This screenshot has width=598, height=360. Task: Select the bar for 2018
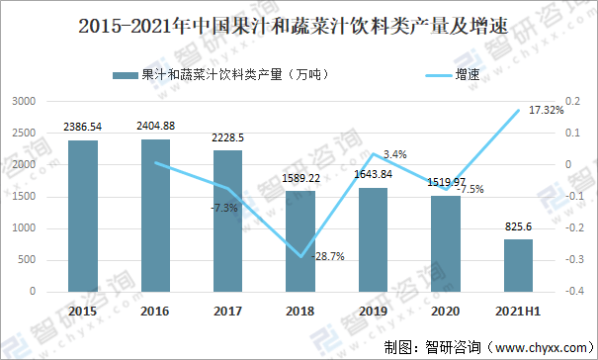[x=300, y=241]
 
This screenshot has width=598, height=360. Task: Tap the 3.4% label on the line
[x=394, y=154]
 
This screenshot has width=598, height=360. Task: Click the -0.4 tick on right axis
[x=572, y=292]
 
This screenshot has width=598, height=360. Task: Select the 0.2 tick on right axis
[x=572, y=102]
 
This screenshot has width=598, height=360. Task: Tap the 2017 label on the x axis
[x=228, y=311]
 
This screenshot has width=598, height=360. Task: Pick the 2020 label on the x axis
[x=446, y=311]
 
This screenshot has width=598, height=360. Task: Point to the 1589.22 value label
[x=300, y=178]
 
